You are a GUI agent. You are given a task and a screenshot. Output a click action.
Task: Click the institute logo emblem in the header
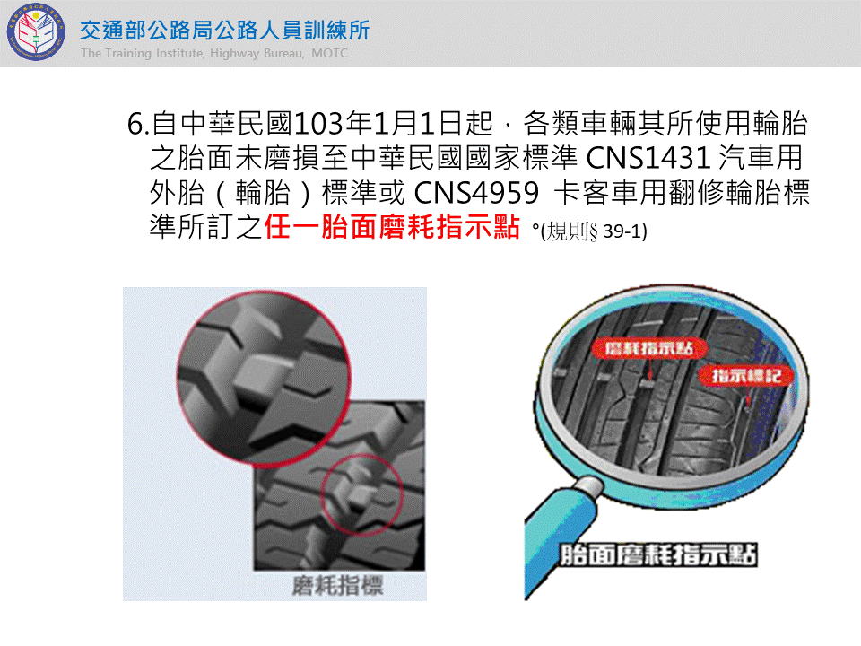click(36, 31)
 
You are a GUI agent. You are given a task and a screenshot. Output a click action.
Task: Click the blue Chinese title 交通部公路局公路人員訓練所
click(224, 31)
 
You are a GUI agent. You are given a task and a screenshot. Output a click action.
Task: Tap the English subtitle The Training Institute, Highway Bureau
click(192, 53)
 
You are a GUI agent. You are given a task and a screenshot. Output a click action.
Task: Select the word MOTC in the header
click(329, 53)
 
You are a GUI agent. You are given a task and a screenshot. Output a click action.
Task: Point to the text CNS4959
click(476, 192)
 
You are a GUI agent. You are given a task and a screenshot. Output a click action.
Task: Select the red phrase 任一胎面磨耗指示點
click(392, 226)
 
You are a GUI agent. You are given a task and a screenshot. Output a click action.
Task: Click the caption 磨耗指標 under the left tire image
click(337, 586)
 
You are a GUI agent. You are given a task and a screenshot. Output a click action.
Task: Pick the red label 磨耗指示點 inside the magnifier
click(648, 348)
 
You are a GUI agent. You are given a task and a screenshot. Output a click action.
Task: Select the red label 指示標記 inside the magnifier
click(746, 376)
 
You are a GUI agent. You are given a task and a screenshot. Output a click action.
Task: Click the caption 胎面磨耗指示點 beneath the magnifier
click(658, 554)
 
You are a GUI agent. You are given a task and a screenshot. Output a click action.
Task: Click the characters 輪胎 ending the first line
click(779, 124)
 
